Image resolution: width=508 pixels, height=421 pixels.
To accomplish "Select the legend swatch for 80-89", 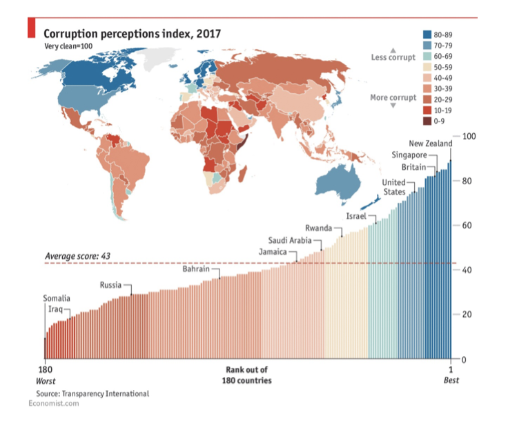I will (427, 34).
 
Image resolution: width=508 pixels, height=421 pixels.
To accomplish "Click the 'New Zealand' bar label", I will (430, 144).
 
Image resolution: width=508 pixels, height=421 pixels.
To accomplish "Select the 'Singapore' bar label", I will (410, 155).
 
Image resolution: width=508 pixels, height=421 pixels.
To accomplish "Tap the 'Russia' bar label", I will (111, 284).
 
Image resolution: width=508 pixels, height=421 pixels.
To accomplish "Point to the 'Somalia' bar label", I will (57, 298).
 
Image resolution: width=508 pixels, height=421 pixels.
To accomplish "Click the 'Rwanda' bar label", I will (318, 228).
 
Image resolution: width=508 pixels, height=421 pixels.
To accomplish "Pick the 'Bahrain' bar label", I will (196, 269).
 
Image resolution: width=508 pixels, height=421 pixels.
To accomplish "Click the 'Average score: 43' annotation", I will (78, 256).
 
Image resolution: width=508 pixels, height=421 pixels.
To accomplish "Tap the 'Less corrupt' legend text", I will (393, 57).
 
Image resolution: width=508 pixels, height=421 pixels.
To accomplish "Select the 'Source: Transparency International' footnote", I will (88, 393).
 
